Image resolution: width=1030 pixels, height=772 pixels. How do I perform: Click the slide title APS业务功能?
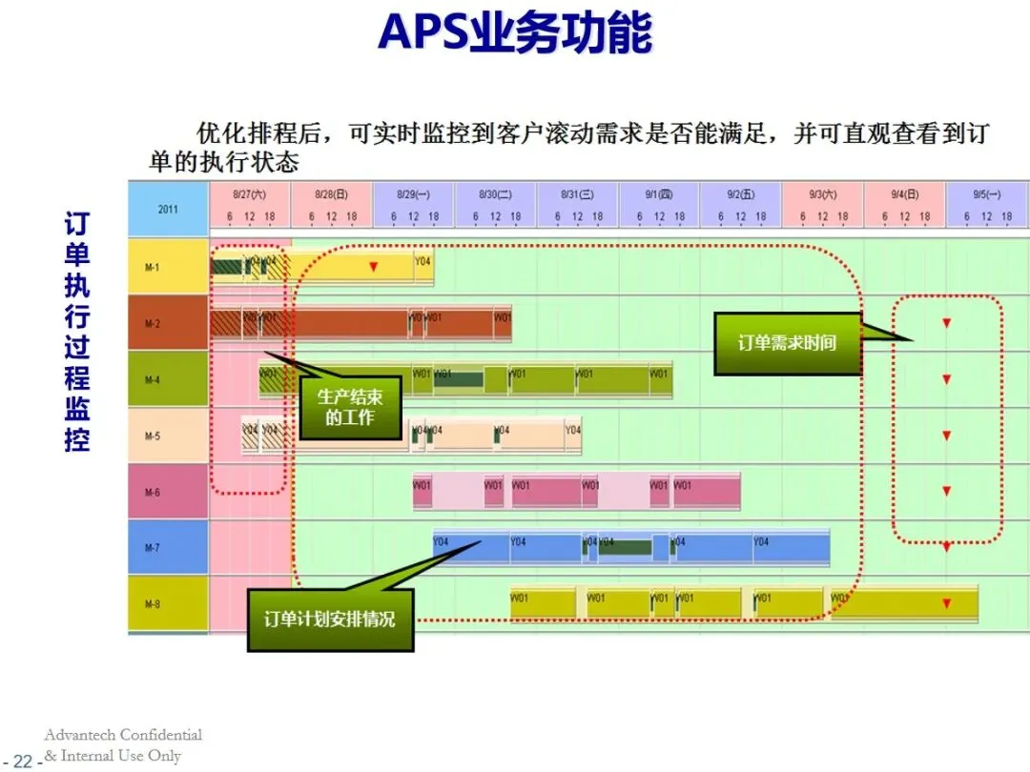point(515,33)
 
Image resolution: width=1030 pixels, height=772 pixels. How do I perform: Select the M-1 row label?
point(153,267)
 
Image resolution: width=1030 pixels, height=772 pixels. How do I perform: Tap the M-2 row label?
point(153,324)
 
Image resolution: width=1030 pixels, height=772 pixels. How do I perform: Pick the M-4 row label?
point(153,380)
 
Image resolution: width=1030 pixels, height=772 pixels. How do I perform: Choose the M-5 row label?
point(153,437)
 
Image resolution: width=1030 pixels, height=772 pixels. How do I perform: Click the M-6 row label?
point(153,493)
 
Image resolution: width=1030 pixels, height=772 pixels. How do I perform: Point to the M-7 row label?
point(153,548)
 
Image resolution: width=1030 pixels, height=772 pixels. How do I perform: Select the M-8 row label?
point(153,604)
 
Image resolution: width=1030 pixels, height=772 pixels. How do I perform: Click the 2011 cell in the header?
point(168,209)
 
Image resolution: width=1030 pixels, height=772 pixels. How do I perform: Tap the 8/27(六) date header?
point(250,194)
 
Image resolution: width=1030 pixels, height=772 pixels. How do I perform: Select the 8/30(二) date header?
point(496,194)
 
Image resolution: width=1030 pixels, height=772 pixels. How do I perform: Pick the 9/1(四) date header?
point(659,194)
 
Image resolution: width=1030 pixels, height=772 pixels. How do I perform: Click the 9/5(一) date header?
point(987,194)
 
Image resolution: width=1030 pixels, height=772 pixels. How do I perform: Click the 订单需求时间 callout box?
point(787,343)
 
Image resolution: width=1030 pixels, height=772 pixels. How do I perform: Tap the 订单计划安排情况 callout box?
point(330,620)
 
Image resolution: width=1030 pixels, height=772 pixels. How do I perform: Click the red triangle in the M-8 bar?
point(946,603)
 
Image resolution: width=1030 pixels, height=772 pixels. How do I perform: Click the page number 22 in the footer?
point(22,762)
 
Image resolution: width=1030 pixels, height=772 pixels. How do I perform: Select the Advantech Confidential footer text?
point(123,735)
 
